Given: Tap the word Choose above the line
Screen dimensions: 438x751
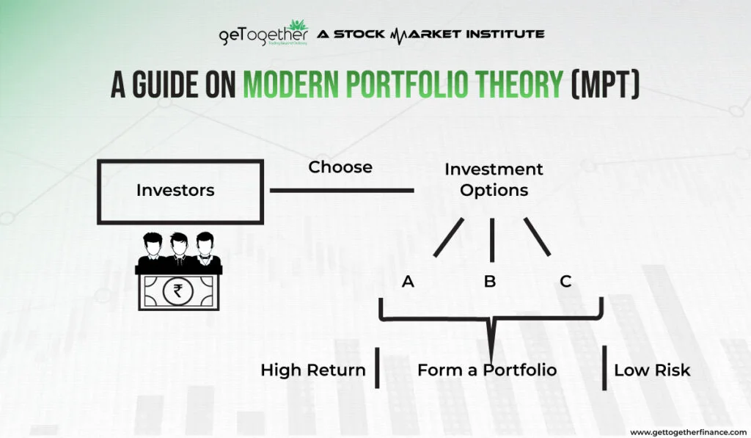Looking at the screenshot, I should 340,167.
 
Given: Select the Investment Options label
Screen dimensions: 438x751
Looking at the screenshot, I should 494,179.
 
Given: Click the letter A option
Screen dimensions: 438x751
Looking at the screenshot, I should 409,281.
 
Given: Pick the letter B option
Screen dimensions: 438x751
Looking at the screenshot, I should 490,281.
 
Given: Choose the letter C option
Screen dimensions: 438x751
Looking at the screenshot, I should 565,281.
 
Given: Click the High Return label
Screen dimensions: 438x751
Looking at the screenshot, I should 313,370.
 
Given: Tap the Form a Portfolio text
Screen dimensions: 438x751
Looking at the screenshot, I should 487,370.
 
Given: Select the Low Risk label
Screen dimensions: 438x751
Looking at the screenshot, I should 652,370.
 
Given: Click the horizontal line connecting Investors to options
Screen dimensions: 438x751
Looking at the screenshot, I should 342,191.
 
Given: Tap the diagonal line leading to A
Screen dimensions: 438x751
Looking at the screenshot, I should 448,237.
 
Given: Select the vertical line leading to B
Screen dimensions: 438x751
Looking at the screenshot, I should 491,236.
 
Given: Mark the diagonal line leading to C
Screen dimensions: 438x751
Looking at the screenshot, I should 536,237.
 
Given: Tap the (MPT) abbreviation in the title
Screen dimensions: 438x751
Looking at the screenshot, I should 605,85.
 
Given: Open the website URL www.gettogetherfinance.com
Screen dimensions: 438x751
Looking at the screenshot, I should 687,431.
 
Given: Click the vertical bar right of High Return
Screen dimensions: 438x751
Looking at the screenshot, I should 377,368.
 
